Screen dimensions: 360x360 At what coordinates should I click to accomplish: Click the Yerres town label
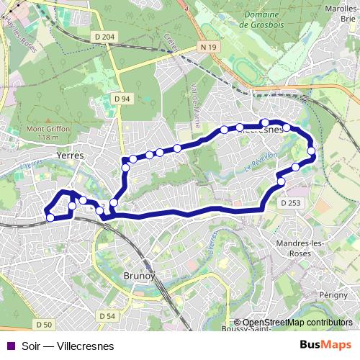coord(71,155)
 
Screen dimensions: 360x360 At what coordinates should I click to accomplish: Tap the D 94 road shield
coord(122,98)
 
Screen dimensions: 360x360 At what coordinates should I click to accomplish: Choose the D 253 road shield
coord(291,204)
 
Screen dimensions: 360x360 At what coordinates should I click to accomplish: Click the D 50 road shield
coord(45,326)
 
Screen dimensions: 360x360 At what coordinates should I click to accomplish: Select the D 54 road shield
coord(107,315)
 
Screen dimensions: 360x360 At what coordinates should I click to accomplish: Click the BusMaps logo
coord(325,346)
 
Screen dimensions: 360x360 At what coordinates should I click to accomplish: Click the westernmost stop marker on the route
coord(50,217)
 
